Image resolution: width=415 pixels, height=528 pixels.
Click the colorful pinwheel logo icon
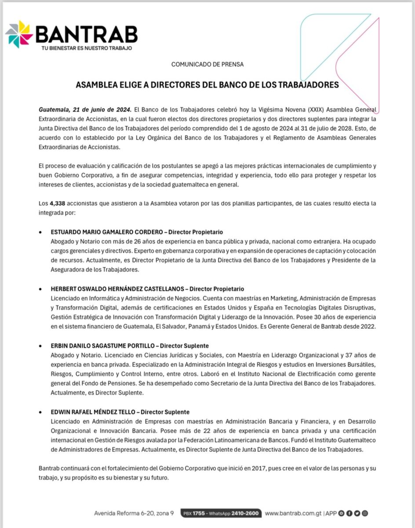(19, 34)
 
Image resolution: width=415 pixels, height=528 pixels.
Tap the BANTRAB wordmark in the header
(86, 33)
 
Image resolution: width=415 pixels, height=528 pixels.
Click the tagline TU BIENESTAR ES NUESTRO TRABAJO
(84, 48)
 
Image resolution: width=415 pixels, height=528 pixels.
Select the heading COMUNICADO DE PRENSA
(207, 64)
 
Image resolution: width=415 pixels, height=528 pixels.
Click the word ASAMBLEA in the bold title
(99, 85)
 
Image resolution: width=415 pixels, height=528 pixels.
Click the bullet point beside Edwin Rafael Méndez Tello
(40, 412)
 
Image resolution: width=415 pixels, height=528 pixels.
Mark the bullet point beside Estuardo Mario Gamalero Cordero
(40, 232)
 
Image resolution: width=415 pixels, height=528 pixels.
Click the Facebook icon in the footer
(349, 513)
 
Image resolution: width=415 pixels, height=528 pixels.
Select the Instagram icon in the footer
(364, 513)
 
